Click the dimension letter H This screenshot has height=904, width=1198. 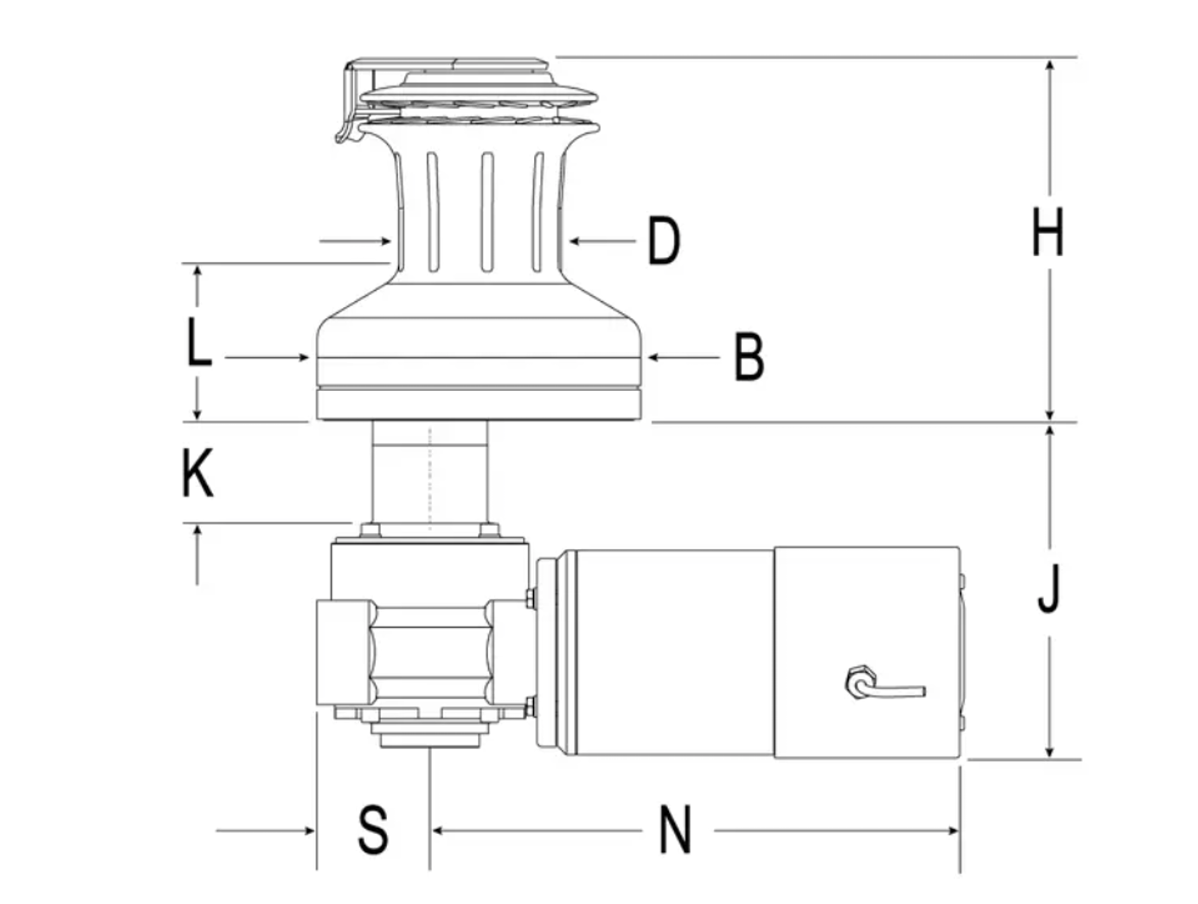[x=1047, y=231]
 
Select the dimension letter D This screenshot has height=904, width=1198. [x=664, y=240]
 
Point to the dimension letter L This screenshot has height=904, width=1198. [x=198, y=342]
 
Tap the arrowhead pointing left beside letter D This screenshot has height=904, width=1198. [x=574, y=240]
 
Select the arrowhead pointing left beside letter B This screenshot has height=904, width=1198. [x=653, y=357]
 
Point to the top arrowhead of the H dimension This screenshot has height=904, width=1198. [x=1048, y=67]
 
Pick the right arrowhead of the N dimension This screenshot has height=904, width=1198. [x=952, y=830]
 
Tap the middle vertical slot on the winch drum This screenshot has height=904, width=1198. [x=486, y=212]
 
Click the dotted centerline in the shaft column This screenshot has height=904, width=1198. [x=429, y=478]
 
